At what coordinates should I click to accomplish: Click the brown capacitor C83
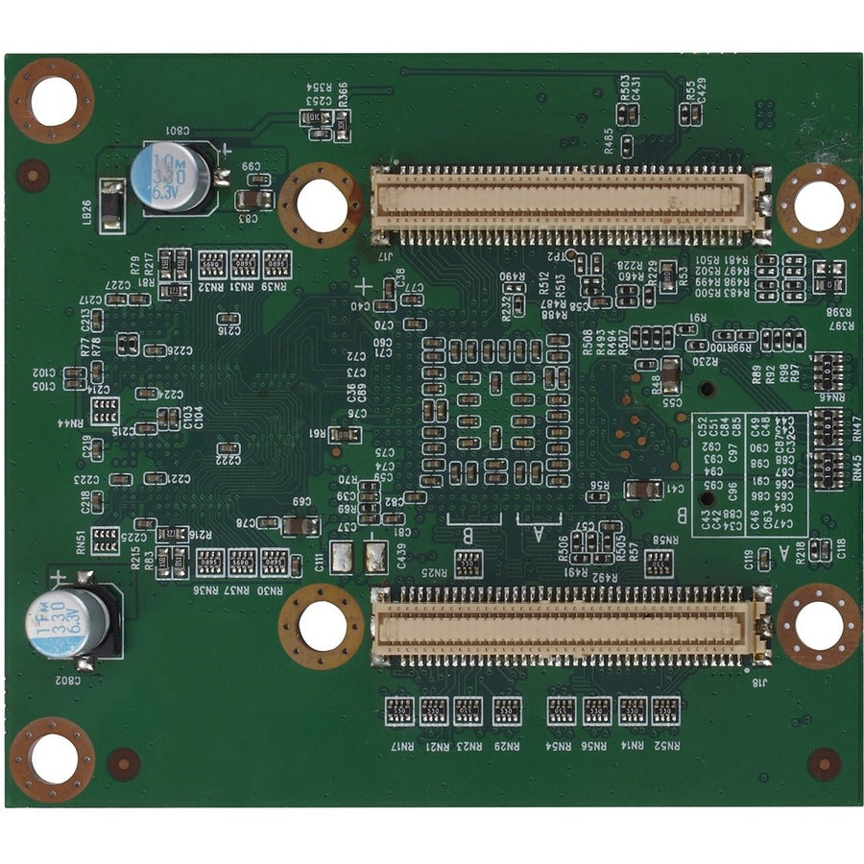click(252, 200)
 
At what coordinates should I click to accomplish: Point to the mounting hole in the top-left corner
click(52, 99)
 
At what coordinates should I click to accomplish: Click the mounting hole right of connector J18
click(818, 625)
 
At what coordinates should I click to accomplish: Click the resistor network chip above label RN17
click(399, 710)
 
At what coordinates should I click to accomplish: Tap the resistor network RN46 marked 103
click(825, 368)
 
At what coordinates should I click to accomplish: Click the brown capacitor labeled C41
click(641, 490)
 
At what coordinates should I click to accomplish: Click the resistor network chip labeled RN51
click(105, 538)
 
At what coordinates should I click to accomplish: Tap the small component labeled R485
click(625, 146)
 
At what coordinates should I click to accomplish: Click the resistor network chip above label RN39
click(275, 262)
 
